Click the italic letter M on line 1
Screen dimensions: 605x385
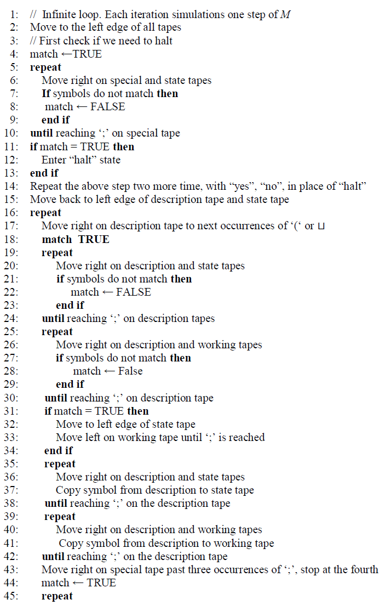point(285,14)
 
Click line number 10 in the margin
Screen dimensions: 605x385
point(13,133)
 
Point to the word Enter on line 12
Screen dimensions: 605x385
point(54,160)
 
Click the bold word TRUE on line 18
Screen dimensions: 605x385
point(94,239)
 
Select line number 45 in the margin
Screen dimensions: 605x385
point(13,596)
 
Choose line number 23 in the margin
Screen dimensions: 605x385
point(13,305)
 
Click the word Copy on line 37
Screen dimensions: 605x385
point(67,490)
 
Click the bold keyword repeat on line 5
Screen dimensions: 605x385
point(45,67)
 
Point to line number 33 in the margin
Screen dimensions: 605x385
point(13,437)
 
